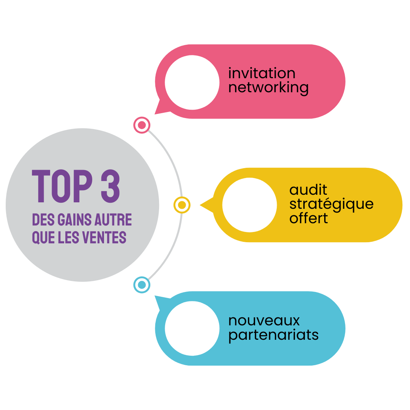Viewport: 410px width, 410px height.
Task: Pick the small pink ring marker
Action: pos(142,125)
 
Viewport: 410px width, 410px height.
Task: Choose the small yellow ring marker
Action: pos(182,205)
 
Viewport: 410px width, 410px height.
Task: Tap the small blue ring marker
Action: pos(142,284)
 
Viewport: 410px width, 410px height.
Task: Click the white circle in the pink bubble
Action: pos(192,82)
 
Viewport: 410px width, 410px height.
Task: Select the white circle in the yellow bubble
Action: pos(249,205)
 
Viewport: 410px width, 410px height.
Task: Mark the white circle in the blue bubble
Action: pos(192,328)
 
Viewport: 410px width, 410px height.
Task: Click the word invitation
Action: pos(262,73)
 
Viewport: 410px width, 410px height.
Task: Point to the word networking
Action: pos(268,88)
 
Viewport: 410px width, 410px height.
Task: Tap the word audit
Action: pos(308,189)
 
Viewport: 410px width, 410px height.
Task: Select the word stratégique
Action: pos(331,205)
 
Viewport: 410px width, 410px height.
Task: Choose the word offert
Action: pos(309,218)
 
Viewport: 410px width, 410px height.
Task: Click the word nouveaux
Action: pos(264,320)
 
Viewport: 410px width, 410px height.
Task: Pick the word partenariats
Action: pos(273,335)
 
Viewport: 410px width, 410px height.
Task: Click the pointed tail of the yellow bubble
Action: pos(205,205)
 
